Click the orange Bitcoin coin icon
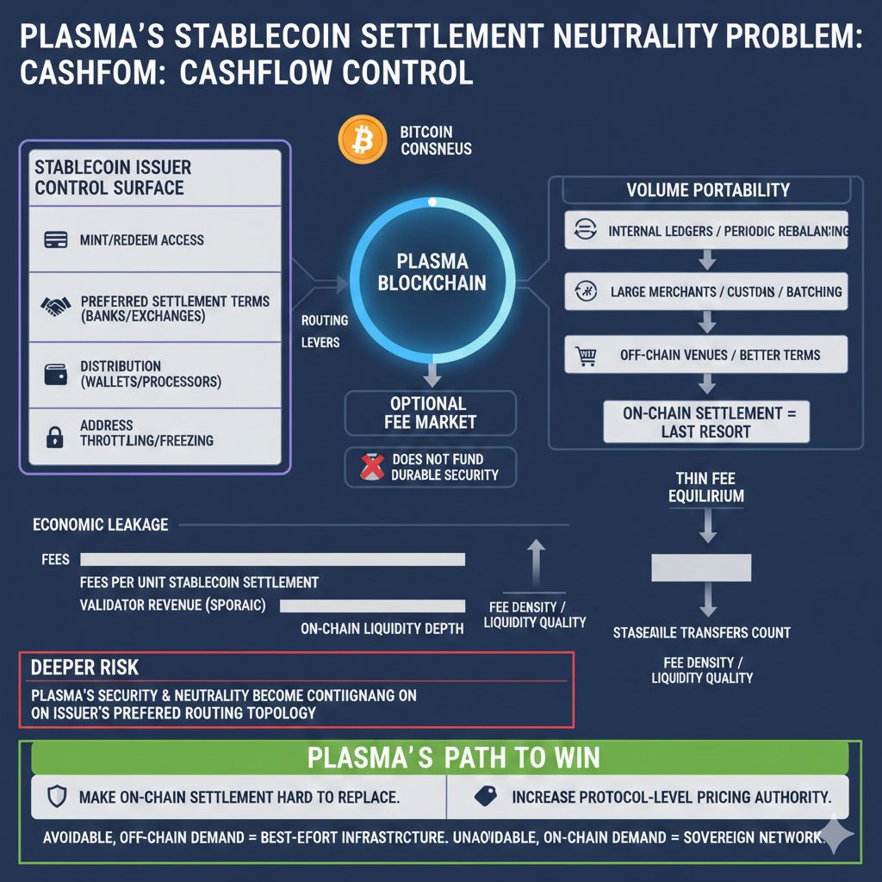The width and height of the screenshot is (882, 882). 363,140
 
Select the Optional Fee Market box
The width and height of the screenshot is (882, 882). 431,413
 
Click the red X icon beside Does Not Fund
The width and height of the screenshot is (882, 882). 370,466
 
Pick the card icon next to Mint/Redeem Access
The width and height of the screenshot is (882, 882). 55,239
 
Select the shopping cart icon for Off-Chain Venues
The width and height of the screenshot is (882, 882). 587,355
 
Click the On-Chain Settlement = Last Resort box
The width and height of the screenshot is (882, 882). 705,422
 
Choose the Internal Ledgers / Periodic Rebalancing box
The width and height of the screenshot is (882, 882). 706,231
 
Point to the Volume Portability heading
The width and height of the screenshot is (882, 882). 708,190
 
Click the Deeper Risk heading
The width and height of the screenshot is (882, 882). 84,668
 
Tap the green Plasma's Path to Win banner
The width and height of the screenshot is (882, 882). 440,758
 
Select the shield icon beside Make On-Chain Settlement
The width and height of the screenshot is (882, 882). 58,797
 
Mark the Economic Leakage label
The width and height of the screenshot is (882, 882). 100,525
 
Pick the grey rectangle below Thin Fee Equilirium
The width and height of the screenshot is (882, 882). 702,567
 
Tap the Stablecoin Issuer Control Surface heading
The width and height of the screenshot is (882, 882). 112,177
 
